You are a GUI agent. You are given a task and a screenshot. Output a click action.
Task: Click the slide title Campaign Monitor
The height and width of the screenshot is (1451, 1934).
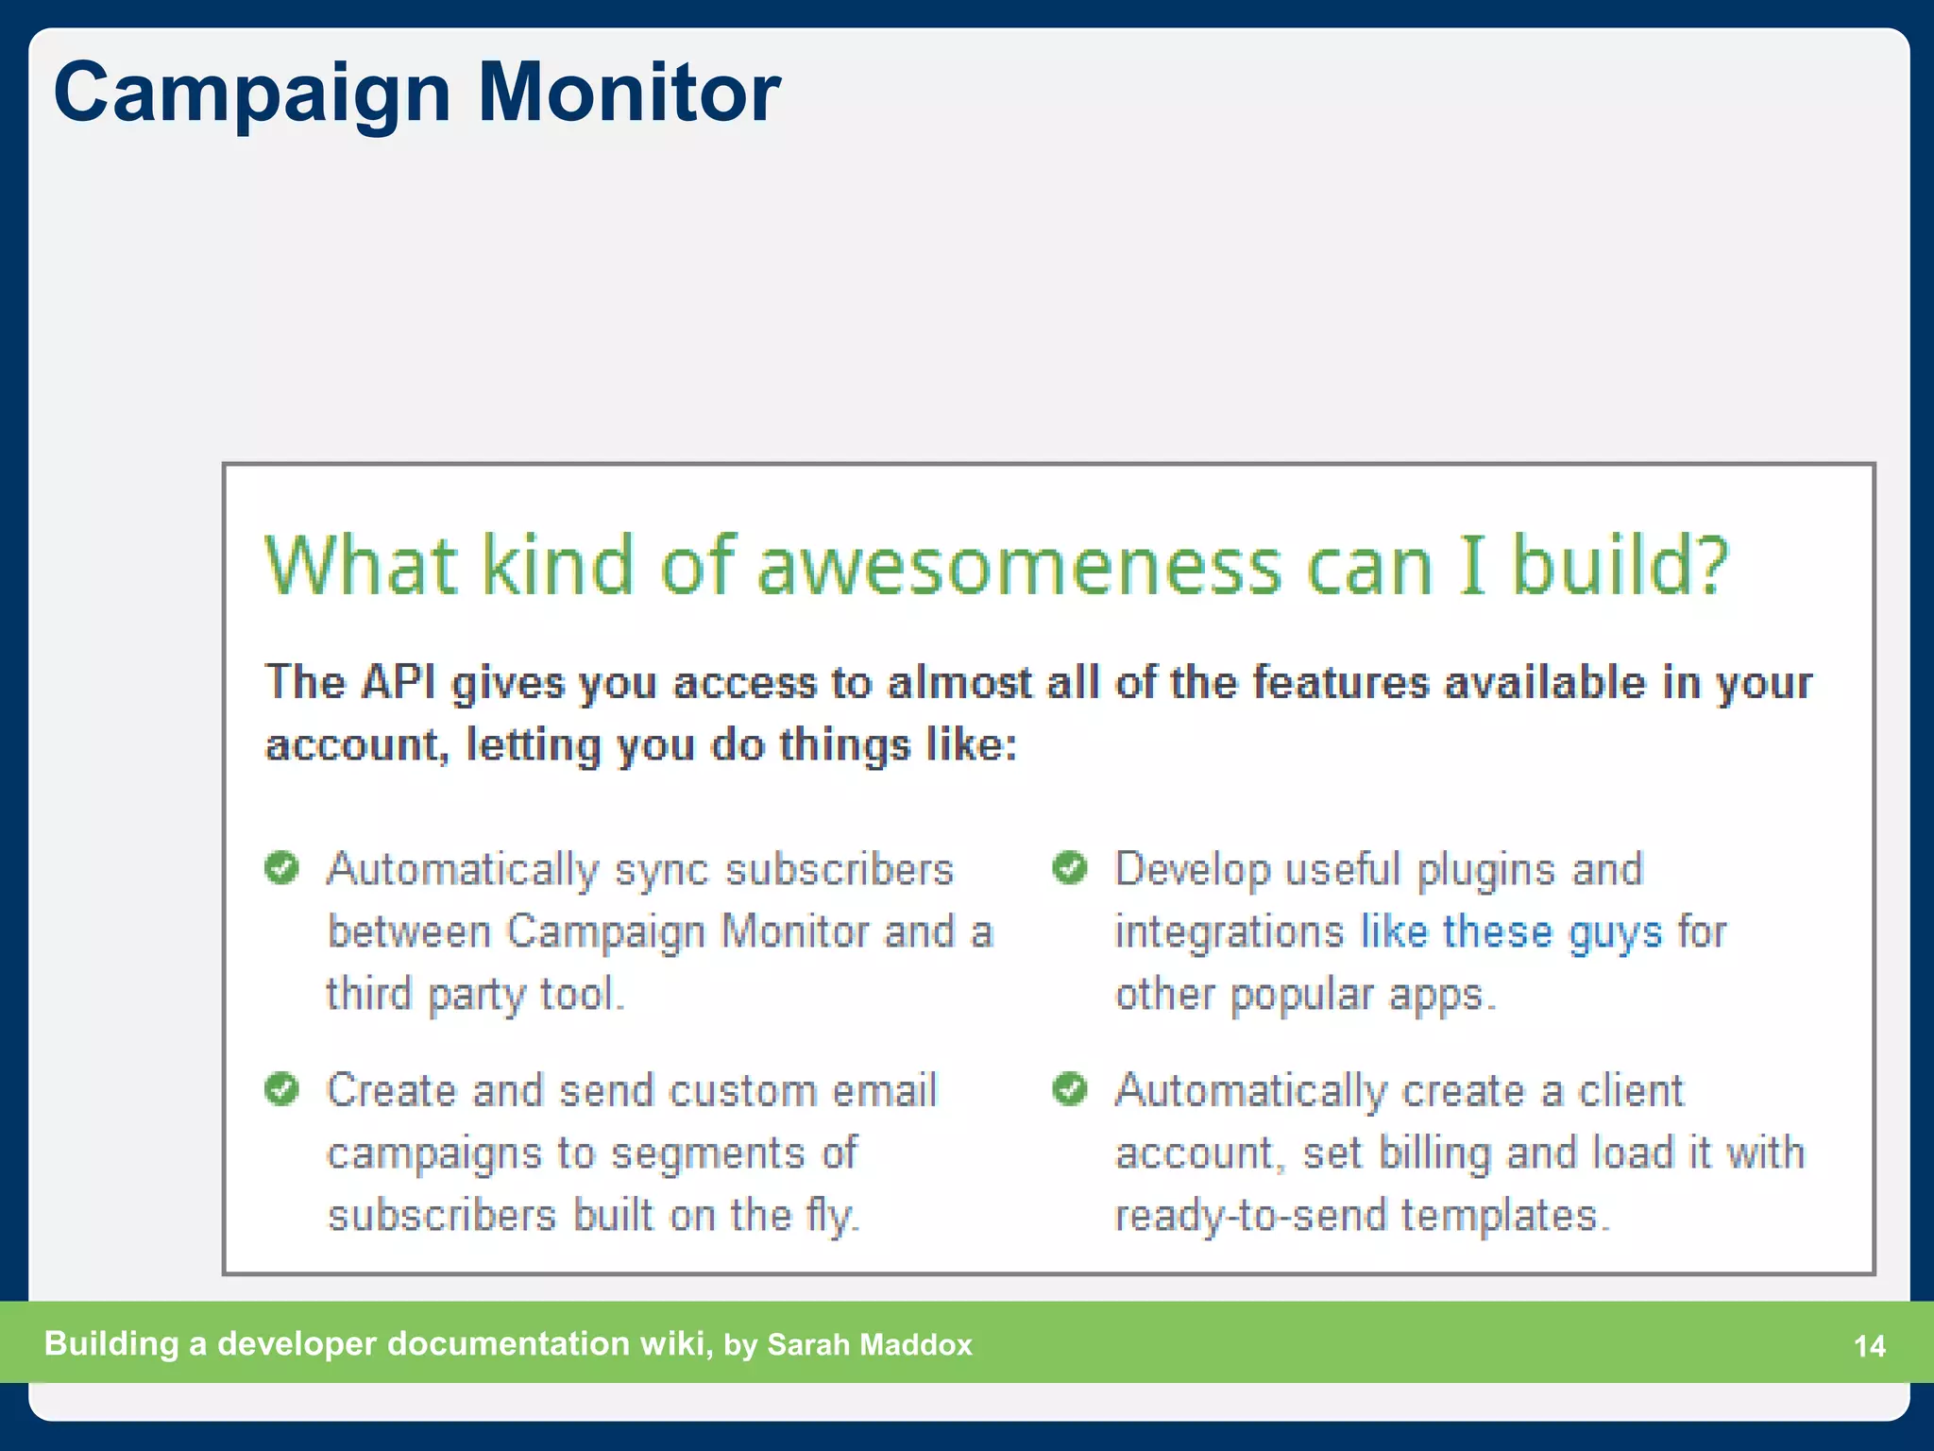click(x=416, y=93)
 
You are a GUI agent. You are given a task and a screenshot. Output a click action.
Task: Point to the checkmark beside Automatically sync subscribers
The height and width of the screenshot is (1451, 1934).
click(x=281, y=867)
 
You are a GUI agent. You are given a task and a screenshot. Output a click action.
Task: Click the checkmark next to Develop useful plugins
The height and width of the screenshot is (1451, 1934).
click(x=1070, y=867)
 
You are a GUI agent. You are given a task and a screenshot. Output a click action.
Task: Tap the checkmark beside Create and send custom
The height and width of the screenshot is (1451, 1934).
click(x=281, y=1089)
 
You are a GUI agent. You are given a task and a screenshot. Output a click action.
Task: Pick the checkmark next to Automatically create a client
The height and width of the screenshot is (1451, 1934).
click(x=1070, y=1089)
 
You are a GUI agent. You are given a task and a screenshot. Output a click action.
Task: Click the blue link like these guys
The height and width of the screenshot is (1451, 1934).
click(x=1510, y=932)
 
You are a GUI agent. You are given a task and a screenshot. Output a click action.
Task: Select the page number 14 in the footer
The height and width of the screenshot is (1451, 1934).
click(x=1869, y=1346)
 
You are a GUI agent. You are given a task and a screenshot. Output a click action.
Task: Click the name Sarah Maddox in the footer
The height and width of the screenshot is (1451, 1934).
click(x=869, y=1344)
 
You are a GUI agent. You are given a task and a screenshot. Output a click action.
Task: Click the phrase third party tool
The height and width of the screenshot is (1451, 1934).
click(x=474, y=995)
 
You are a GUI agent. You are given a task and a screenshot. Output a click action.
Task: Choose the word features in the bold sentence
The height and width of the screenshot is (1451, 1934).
click(x=1340, y=682)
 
